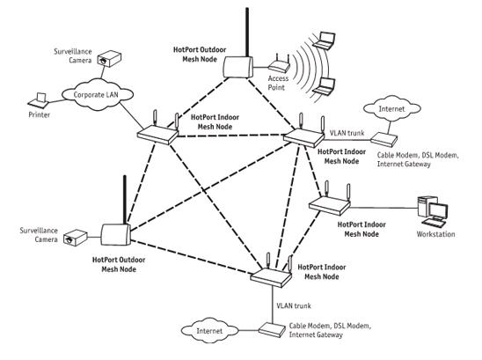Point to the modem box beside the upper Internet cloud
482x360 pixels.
pyautogui.click(x=383, y=138)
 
